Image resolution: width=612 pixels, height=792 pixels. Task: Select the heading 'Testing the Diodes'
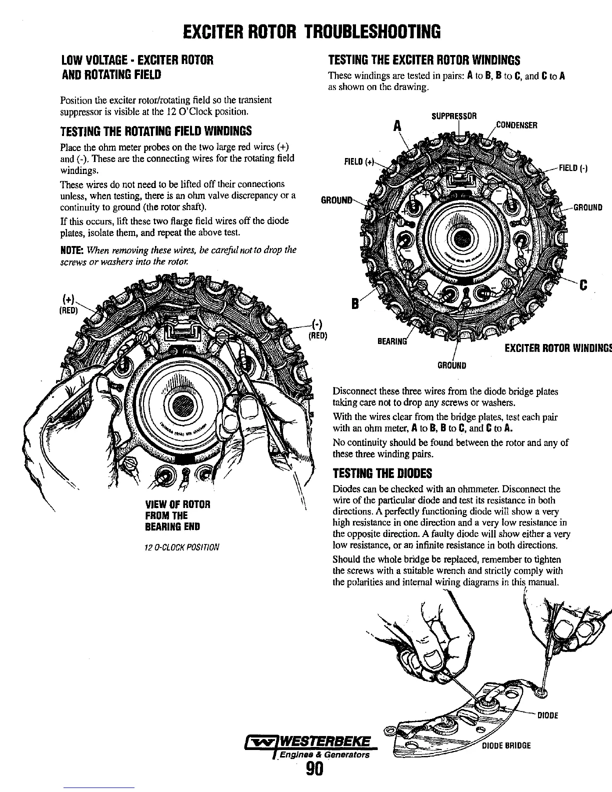(x=382, y=473)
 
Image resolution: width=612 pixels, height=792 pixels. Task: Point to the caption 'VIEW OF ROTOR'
(x=177, y=504)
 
